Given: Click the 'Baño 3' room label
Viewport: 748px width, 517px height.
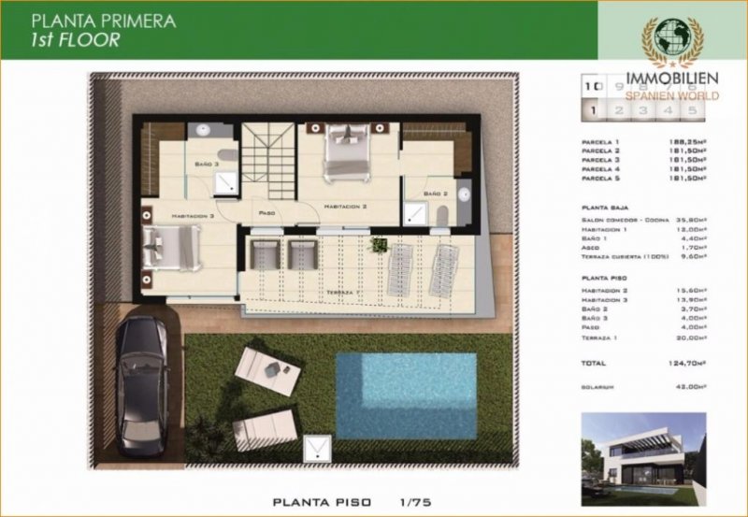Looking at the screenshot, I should [208, 164].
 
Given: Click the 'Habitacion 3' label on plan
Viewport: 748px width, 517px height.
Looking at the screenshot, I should [192, 215].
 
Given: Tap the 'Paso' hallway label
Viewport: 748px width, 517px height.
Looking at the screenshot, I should [266, 212].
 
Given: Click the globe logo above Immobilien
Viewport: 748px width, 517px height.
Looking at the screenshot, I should [674, 42].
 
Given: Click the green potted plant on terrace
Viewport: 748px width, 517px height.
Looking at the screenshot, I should [379, 245].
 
